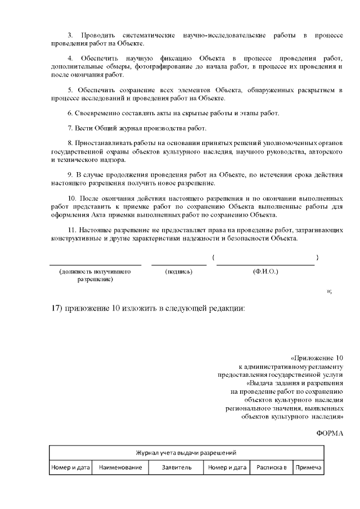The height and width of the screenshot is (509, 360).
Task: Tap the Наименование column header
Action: [x=120, y=467]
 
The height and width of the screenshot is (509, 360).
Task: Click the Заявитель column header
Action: [x=177, y=467]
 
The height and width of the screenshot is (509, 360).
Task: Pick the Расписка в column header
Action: [x=271, y=467]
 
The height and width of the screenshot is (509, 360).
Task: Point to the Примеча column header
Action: [x=308, y=467]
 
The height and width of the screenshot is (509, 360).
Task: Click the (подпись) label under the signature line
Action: [x=179, y=272]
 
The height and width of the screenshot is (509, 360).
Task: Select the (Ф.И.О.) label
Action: [x=265, y=272]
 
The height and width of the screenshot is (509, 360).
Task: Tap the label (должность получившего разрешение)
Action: [x=94, y=275]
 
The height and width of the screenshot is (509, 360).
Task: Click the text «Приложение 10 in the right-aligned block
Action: [x=316, y=358]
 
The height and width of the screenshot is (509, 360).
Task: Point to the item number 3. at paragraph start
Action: [x=70, y=35]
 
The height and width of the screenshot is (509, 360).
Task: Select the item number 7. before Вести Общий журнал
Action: [x=70, y=128]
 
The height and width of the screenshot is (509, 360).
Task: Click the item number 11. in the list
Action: [x=72, y=231]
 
